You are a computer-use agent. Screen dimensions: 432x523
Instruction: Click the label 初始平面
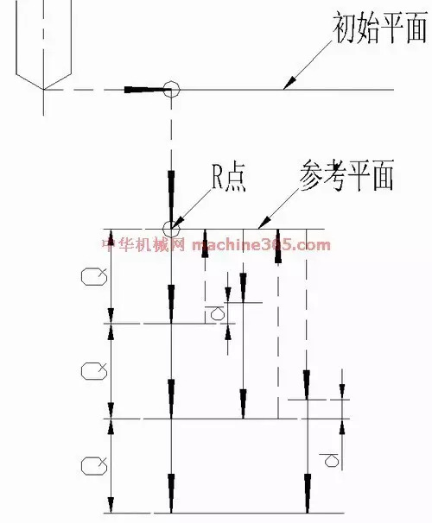pyautogui.click(x=380, y=28)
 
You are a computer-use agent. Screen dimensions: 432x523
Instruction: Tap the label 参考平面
pyautogui.click(x=346, y=175)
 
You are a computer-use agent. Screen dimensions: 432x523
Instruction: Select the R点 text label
pyautogui.click(x=229, y=178)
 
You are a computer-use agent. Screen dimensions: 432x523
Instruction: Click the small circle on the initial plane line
pyautogui.click(x=171, y=90)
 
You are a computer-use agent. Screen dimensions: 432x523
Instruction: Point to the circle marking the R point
pyautogui.click(x=171, y=230)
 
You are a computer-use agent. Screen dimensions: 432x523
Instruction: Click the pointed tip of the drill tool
pyautogui.click(x=44, y=89)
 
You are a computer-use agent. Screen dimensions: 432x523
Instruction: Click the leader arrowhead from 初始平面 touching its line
pyautogui.click(x=289, y=82)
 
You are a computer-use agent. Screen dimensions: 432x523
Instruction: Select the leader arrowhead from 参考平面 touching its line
pyautogui.click(x=264, y=222)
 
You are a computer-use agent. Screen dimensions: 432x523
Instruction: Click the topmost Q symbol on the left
pyautogui.click(x=94, y=276)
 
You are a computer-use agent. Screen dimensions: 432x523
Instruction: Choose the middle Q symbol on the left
pyautogui.click(x=94, y=370)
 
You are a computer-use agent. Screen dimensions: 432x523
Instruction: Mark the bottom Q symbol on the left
pyautogui.click(x=94, y=465)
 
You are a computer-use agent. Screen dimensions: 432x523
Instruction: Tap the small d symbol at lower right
pyautogui.click(x=330, y=460)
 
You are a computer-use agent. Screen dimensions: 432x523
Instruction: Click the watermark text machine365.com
pyautogui.click(x=262, y=245)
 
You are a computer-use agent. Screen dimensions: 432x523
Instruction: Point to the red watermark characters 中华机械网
pyautogui.click(x=143, y=245)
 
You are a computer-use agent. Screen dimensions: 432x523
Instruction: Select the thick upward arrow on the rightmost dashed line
pyautogui.click(x=278, y=246)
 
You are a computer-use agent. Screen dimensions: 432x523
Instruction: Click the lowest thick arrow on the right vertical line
pyautogui.click(x=307, y=493)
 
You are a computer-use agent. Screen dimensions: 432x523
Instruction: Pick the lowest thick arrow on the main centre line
pyautogui.click(x=171, y=493)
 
